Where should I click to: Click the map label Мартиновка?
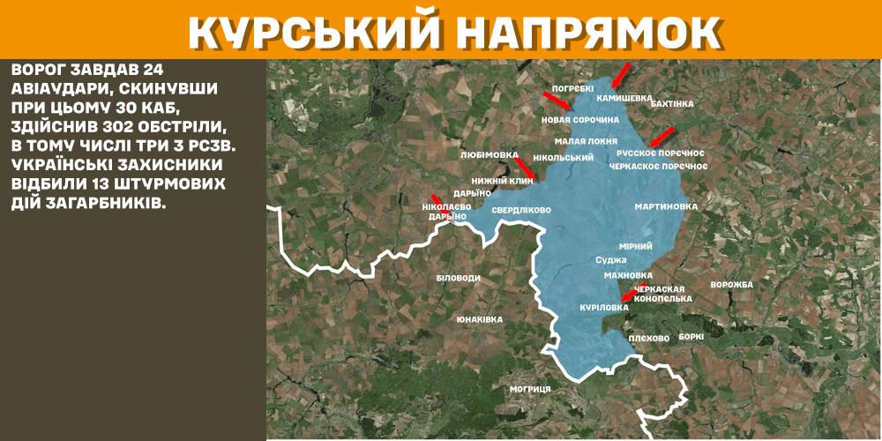coord(666,206)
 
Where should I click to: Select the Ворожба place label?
coord(731,285)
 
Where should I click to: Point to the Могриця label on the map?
coord(530,389)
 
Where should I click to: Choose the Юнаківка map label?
coord(480,319)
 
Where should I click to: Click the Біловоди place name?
coord(458,278)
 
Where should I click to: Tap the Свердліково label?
coord(520,211)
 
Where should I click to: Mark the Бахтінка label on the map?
coord(671,103)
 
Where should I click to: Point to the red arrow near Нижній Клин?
coord(524,168)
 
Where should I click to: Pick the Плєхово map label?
coord(650,338)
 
